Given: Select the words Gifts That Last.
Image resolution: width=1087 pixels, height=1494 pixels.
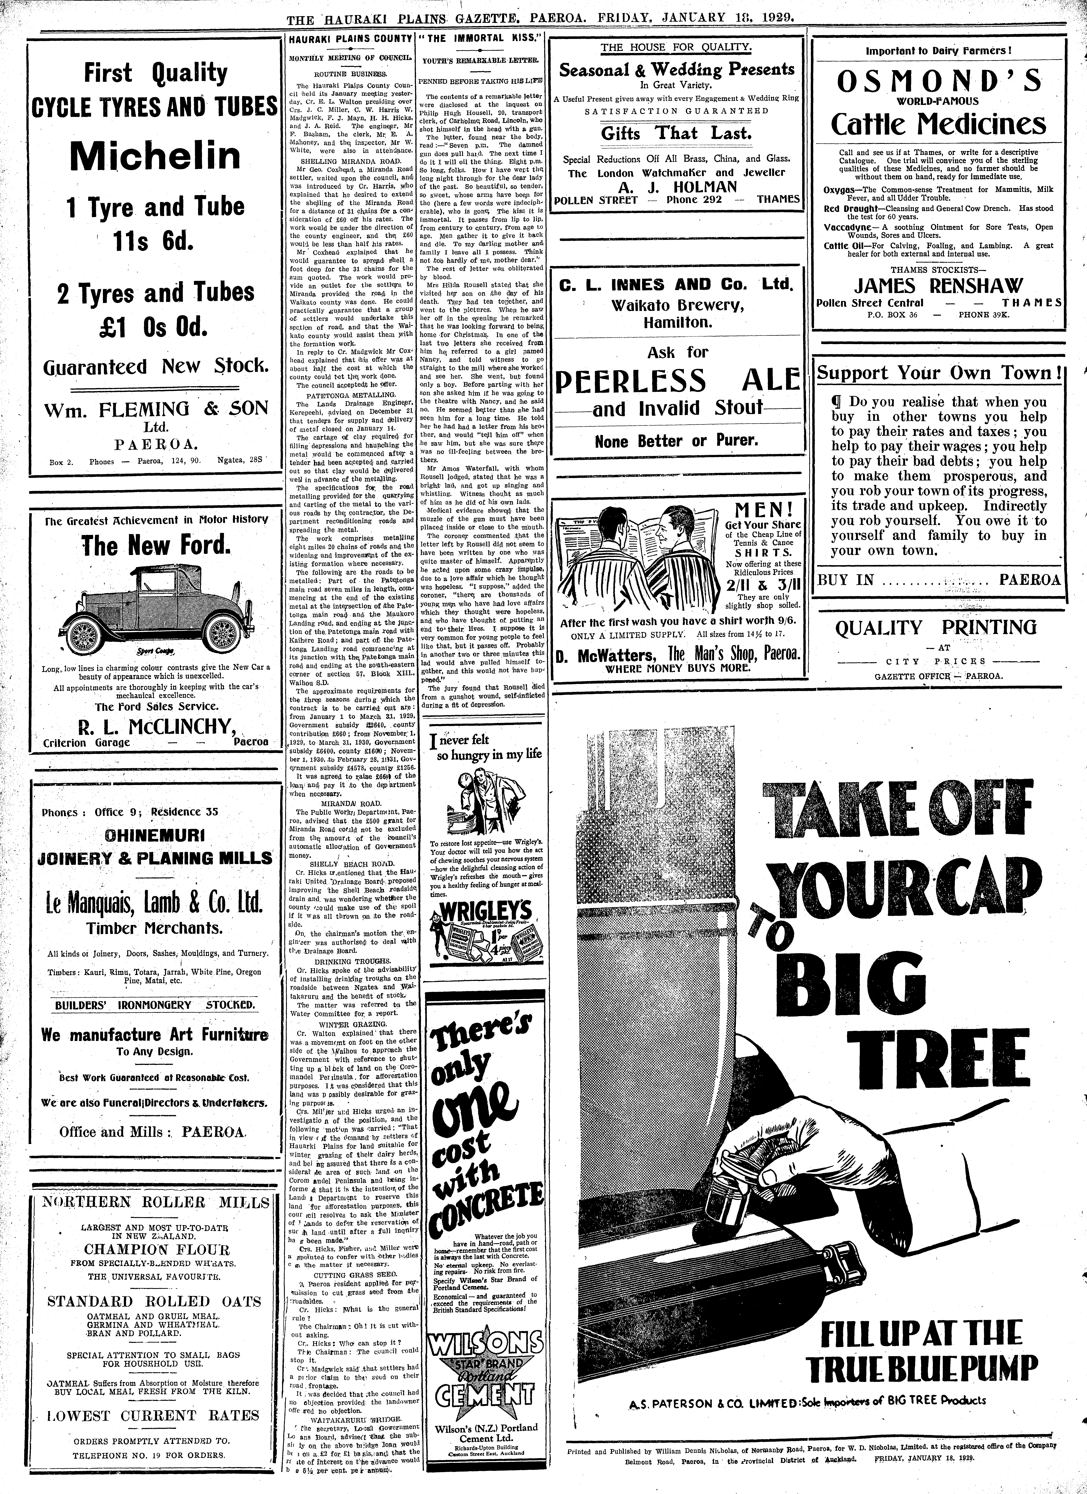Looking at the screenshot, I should coord(676,134).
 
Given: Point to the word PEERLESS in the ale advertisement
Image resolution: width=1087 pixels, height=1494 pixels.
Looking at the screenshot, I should coord(631,381).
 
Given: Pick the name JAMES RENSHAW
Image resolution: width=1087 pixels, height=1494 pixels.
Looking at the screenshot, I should coord(939,286).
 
